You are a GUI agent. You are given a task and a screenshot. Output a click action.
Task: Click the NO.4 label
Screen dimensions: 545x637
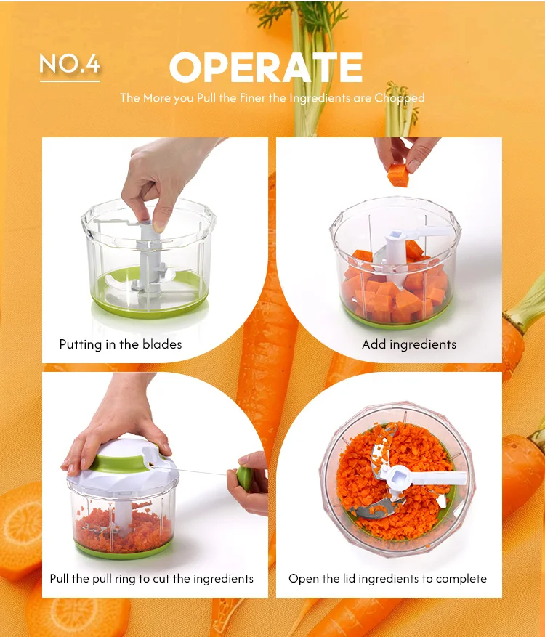[70, 64]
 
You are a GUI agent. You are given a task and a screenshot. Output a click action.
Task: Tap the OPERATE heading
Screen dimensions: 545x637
[266, 68]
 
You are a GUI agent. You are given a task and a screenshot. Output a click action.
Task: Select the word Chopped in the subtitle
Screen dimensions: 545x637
[400, 98]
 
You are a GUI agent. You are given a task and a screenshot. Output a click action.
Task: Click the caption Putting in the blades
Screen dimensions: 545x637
[121, 344]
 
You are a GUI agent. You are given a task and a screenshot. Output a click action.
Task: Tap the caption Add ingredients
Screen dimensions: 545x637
[409, 344]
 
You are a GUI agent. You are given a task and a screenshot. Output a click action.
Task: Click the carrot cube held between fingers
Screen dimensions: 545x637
[398, 175]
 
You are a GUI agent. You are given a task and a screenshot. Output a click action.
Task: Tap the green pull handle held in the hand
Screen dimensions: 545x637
[244, 478]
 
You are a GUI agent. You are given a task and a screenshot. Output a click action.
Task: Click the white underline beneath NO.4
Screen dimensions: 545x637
[70, 81]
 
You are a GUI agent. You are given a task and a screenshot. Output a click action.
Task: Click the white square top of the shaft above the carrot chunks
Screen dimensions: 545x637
[395, 235]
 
